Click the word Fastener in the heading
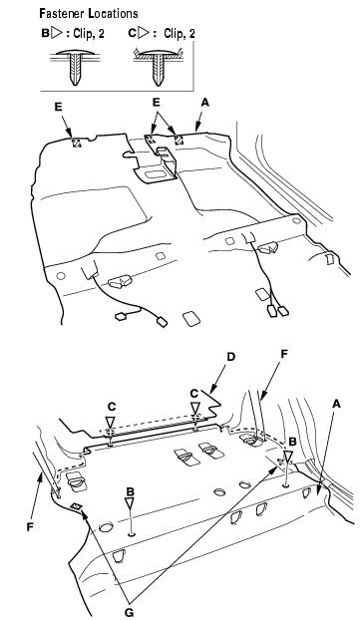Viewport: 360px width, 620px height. pyautogui.click(x=62, y=14)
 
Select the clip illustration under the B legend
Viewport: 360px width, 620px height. pyautogui.click(x=75, y=67)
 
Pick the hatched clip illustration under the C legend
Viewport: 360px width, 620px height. pyautogui.click(x=158, y=67)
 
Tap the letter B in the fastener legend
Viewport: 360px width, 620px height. pyautogui.click(x=45, y=33)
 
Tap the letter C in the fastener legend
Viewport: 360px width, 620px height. pyautogui.click(x=132, y=33)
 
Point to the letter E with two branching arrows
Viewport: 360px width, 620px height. pyautogui.click(x=157, y=103)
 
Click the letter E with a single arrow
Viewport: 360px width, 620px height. pyautogui.click(x=59, y=108)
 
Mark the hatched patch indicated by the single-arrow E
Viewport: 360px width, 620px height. pyautogui.click(x=76, y=143)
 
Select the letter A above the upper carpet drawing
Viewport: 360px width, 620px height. pyautogui.click(x=204, y=103)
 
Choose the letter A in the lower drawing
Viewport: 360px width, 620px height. pyautogui.click(x=336, y=404)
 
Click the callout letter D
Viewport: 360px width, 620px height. pyautogui.click(x=230, y=357)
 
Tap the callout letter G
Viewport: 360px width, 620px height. pyautogui.click(x=129, y=612)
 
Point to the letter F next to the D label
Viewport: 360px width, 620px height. pyautogui.click(x=283, y=354)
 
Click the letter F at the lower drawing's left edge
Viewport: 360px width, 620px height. pyautogui.click(x=29, y=527)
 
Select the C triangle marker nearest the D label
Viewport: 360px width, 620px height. pyautogui.click(x=194, y=408)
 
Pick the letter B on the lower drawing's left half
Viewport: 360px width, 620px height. pyautogui.click(x=131, y=491)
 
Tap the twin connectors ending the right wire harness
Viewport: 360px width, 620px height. pyautogui.click(x=278, y=311)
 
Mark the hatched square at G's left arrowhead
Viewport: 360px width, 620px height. pyautogui.click(x=76, y=506)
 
